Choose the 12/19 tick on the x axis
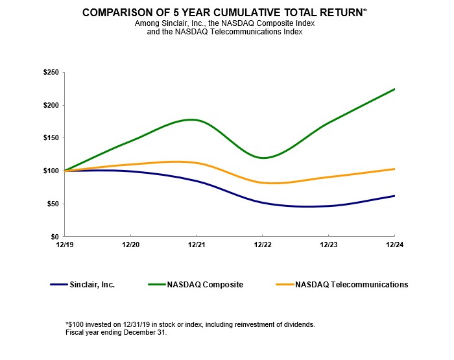tap(65, 245)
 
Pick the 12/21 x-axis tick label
tap(197, 245)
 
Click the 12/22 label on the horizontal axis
tap(262, 245)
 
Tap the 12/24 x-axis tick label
tap(394, 245)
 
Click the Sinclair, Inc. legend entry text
tap(93, 285)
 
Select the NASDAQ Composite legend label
tap(205, 285)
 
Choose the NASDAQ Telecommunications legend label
tap(352, 285)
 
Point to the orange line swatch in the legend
tap(285, 285)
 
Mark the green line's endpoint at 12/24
tap(394, 89)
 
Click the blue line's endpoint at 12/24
tap(394, 196)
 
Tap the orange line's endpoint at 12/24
tap(394, 169)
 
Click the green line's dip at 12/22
tap(263, 158)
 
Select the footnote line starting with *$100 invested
tap(190, 324)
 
